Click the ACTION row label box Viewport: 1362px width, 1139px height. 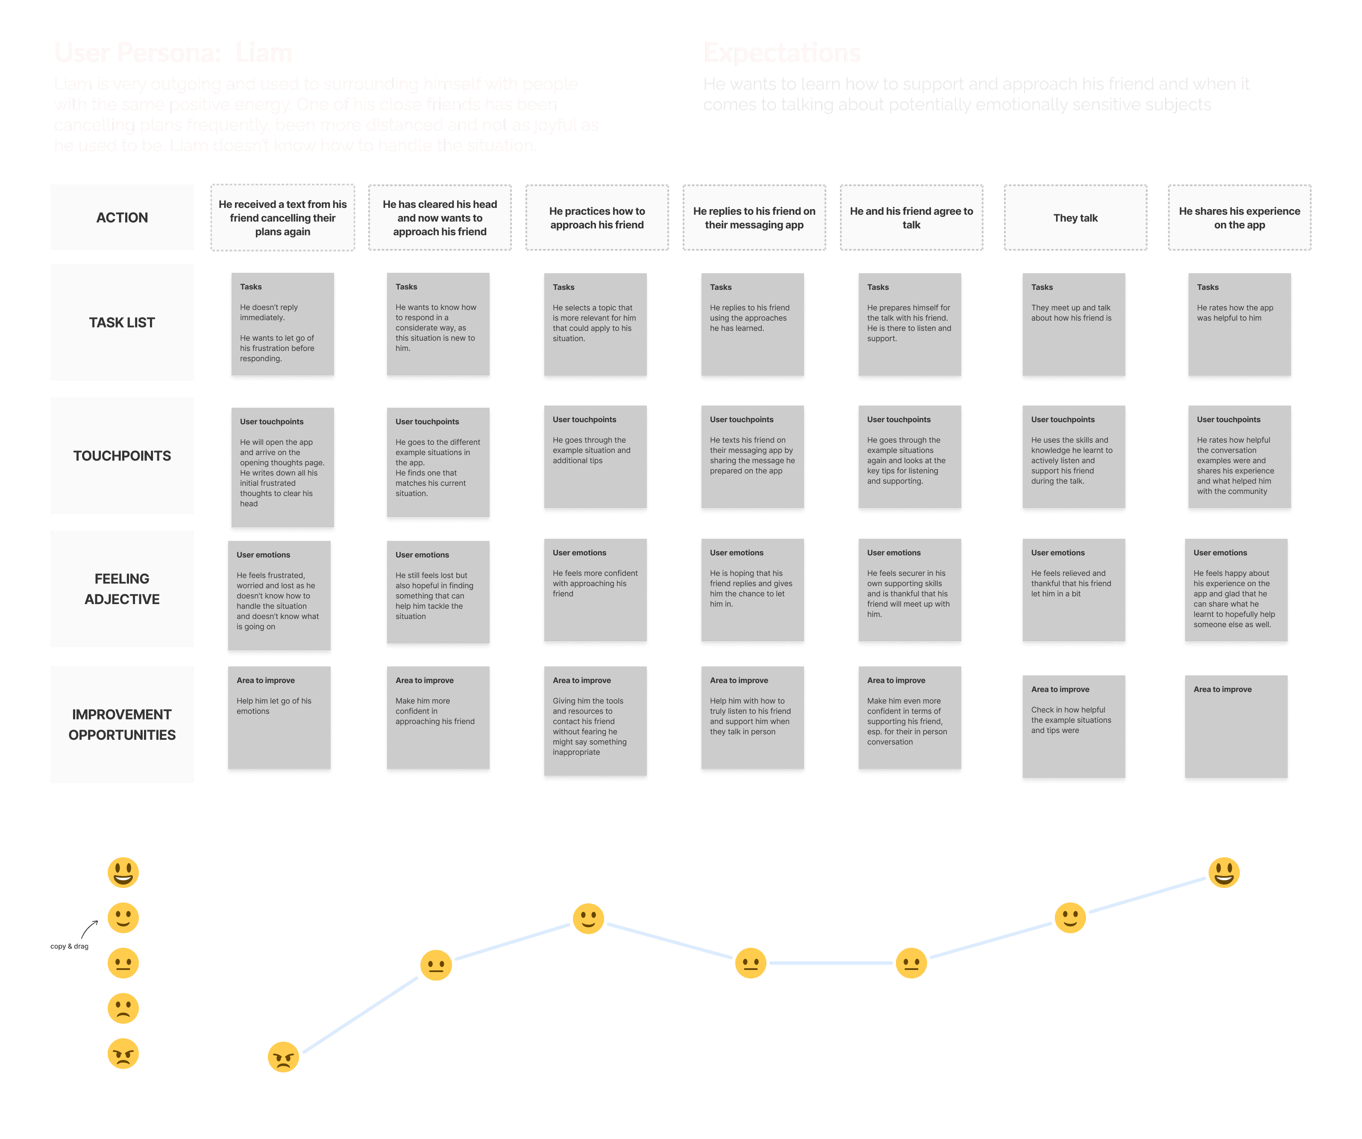(x=122, y=217)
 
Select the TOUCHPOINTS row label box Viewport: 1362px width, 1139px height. (x=122, y=456)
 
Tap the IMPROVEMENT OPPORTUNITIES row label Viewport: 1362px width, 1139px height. (x=122, y=724)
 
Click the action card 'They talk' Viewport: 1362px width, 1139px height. (x=1075, y=218)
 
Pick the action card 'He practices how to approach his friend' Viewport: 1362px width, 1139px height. (x=597, y=218)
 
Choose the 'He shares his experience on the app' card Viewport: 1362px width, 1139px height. (x=1239, y=218)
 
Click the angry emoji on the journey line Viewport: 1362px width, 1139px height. (x=283, y=1057)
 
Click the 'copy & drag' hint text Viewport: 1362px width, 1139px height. (x=69, y=946)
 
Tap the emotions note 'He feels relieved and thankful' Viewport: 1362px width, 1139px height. (x=1073, y=590)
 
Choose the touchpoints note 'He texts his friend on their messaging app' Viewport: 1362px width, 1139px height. (x=752, y=457)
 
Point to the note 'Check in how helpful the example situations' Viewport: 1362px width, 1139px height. (x=1073, y=726)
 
